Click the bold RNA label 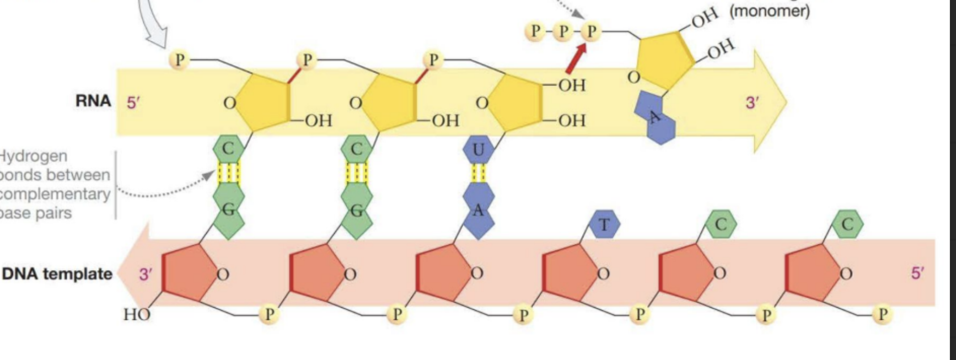click(x=93, y=101)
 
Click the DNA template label click(x=57, y=273)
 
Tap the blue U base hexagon click(x=478, y=149)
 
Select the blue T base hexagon click(x=604, y=224)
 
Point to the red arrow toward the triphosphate click(x=577, y=59)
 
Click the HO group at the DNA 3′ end click(x=136, y=315)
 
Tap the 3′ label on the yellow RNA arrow click(x=752, y=103)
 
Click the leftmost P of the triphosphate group click(x=534, y=31)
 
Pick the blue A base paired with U click(x=478, y=211)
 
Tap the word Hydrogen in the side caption click(x=33, y=156)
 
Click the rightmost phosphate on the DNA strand click(x=882, y=314)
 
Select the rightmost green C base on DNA click(x=847, y=224)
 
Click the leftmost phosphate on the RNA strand click(x=179, y=59)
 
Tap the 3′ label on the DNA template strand click(x=145, y=274)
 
